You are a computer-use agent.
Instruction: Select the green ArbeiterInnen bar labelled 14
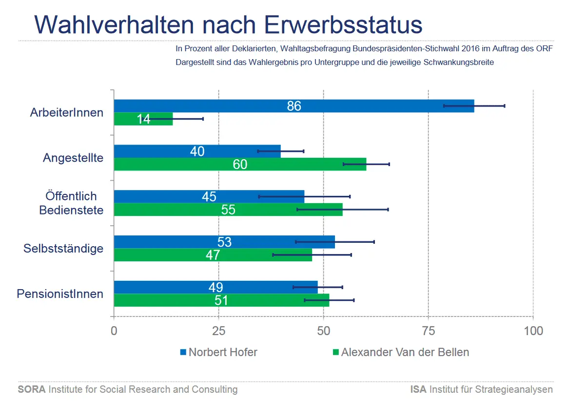point(143,119)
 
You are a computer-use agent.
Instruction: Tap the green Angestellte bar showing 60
point(240,164)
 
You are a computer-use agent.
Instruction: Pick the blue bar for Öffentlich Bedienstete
point(209,196)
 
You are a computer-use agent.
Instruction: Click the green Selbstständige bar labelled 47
point(213,255)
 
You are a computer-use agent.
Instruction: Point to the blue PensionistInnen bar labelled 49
point(215,287)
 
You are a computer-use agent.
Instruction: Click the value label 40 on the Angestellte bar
point(197,151)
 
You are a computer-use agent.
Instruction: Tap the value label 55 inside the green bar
point(228,210)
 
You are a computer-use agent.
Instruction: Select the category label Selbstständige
point(63,248)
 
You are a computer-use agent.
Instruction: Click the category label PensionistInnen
point(60,294)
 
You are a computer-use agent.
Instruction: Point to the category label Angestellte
point(73,158)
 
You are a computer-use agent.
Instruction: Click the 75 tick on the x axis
point(429,331)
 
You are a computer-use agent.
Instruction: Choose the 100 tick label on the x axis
point(533,331)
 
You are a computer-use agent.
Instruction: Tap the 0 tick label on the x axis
point(114,331)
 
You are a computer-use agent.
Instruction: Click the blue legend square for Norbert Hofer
point(183,352)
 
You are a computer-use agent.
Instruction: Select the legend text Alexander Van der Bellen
point(405,352)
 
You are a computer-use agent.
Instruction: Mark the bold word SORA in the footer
point(32,389)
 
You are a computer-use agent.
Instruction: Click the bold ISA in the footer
point(419,389)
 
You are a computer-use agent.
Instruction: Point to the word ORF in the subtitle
point(544,49)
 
